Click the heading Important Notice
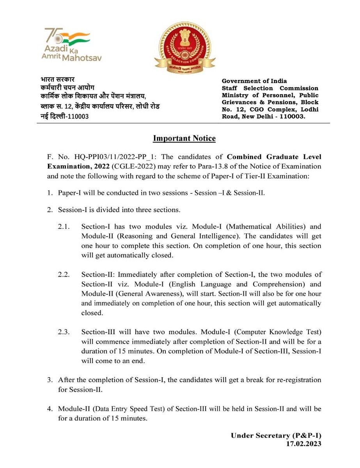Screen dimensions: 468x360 [184, 138]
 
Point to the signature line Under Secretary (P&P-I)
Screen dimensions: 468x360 [276, 435]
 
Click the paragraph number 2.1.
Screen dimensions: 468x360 [64, 227]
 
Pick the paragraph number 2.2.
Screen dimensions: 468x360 [64, 275]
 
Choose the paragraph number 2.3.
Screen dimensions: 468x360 [64, 333]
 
